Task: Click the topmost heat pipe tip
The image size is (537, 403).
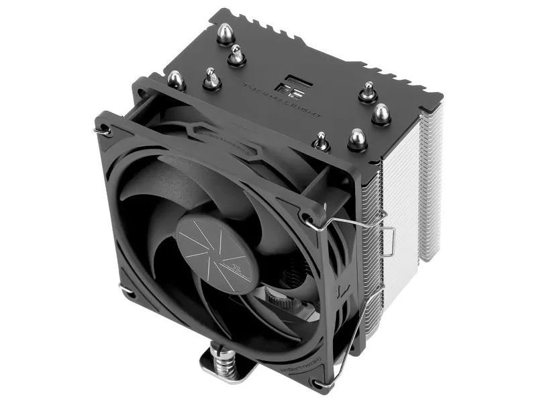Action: click(226, 32)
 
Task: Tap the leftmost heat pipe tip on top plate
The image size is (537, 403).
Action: click(176, 79)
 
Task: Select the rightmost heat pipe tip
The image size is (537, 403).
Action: click(381, 113)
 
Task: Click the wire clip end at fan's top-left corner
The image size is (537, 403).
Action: click(104, 132)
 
